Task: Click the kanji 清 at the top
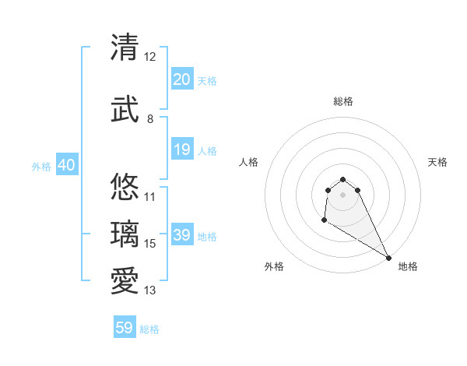pos(125,48)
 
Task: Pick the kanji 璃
pos(125,234)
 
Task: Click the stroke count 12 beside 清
pos(150,57)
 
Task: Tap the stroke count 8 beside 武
pos(150,119)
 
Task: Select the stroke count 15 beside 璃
pos(150,244)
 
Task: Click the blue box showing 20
pos(181,79)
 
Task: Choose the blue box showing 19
pos(181,150)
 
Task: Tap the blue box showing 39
pos(181,235)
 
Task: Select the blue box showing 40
pos(66,165)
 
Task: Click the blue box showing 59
pos(125,328)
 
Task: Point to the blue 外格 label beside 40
pos(41,166)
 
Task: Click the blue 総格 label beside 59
pos(149,329)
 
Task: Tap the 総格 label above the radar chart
pos(343,101)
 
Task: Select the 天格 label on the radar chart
pos(437,162)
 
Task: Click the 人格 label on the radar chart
pos(249,162)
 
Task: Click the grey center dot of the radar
pos(343,195)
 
